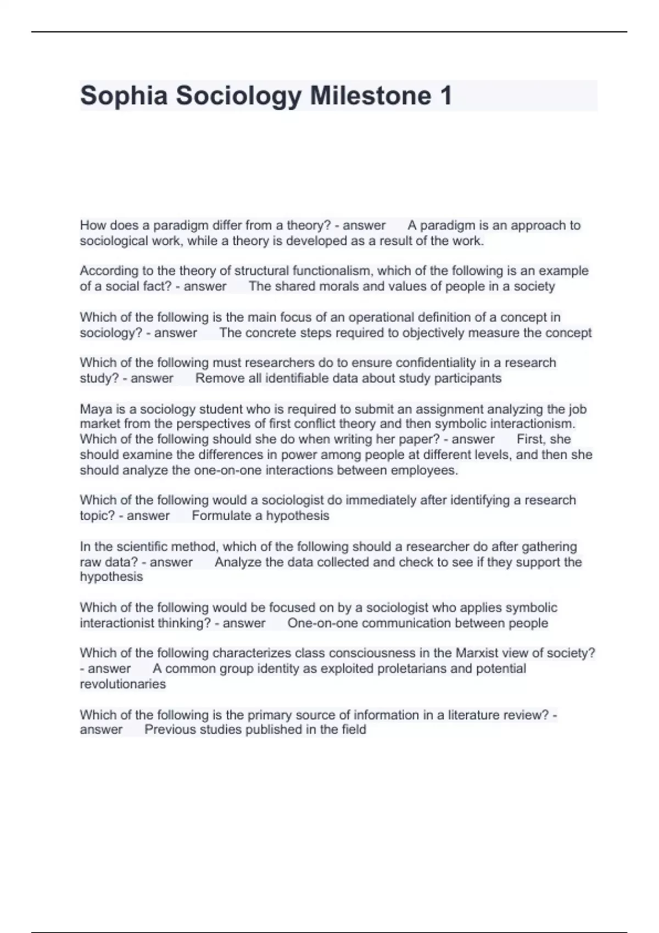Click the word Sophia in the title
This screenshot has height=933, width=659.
[124, 95]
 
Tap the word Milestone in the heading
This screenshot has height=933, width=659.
[371, 95]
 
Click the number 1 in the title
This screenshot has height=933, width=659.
[445, 95]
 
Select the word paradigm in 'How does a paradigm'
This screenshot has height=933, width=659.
[181, 226]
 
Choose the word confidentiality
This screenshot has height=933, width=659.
[437, 363]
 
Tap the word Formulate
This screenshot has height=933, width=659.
[221, 516]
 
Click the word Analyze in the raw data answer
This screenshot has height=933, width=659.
[238, 562]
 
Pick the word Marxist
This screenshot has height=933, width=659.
[478, 653]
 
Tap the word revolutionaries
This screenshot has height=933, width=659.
[122, 684]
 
